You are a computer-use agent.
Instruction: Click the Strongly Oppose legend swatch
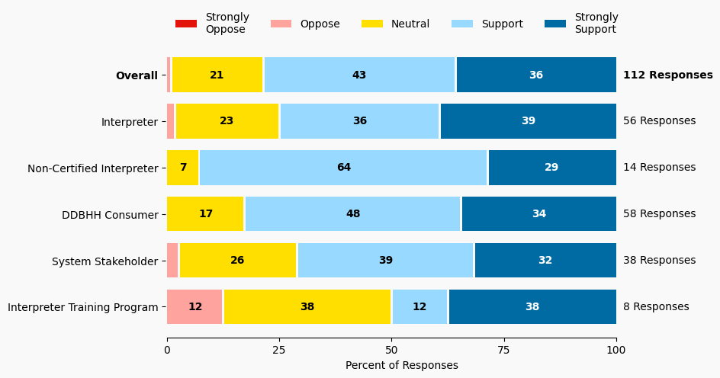[x=186, y=24]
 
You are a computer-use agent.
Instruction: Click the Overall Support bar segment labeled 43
[x=359, y=75]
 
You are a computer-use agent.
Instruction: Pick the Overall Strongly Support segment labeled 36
[x=536, y=75]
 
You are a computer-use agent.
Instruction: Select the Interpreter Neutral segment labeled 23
[x=227, y=121]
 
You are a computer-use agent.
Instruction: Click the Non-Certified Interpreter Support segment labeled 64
[x=343, y=168]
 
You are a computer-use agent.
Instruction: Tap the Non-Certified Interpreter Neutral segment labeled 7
[x=183, y=168]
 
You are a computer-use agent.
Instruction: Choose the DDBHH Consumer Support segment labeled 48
[x=352, y=214]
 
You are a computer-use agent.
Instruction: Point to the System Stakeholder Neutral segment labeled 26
[x=237, y=261]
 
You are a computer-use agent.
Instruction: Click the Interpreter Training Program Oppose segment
[x=194, y=307]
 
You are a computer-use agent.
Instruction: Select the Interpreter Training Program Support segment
[x=419, y=307]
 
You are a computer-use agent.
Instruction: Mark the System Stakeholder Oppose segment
[x=172, y=261]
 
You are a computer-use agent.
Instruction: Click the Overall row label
[x=137, y=75]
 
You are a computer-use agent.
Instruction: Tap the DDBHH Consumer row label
[x=110, y=215]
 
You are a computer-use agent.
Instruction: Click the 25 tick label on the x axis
[x=279, y=351]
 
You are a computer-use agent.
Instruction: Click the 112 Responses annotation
[x=667, y=75]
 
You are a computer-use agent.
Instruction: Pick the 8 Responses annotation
[x=656, y=307]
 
